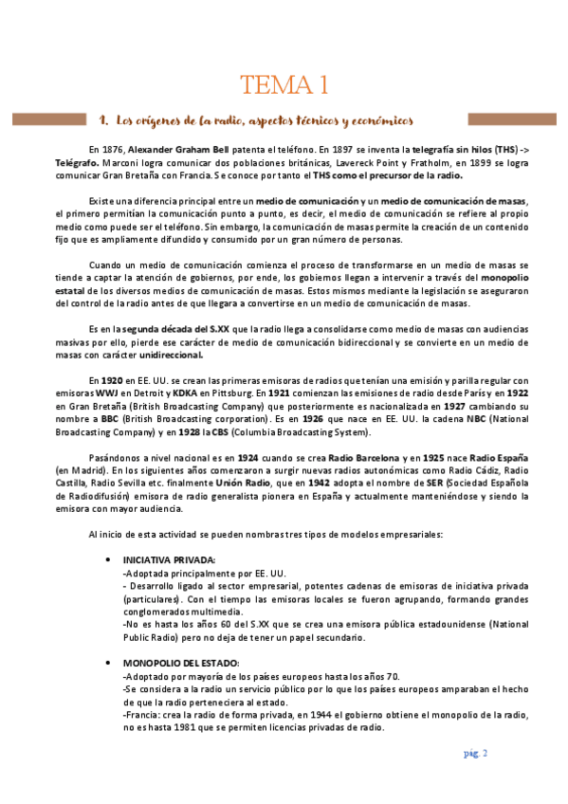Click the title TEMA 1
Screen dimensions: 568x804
pyautogui.click(x=284, y=85)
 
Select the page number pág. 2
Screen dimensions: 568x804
pyautogui.click(x=475, y=754)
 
